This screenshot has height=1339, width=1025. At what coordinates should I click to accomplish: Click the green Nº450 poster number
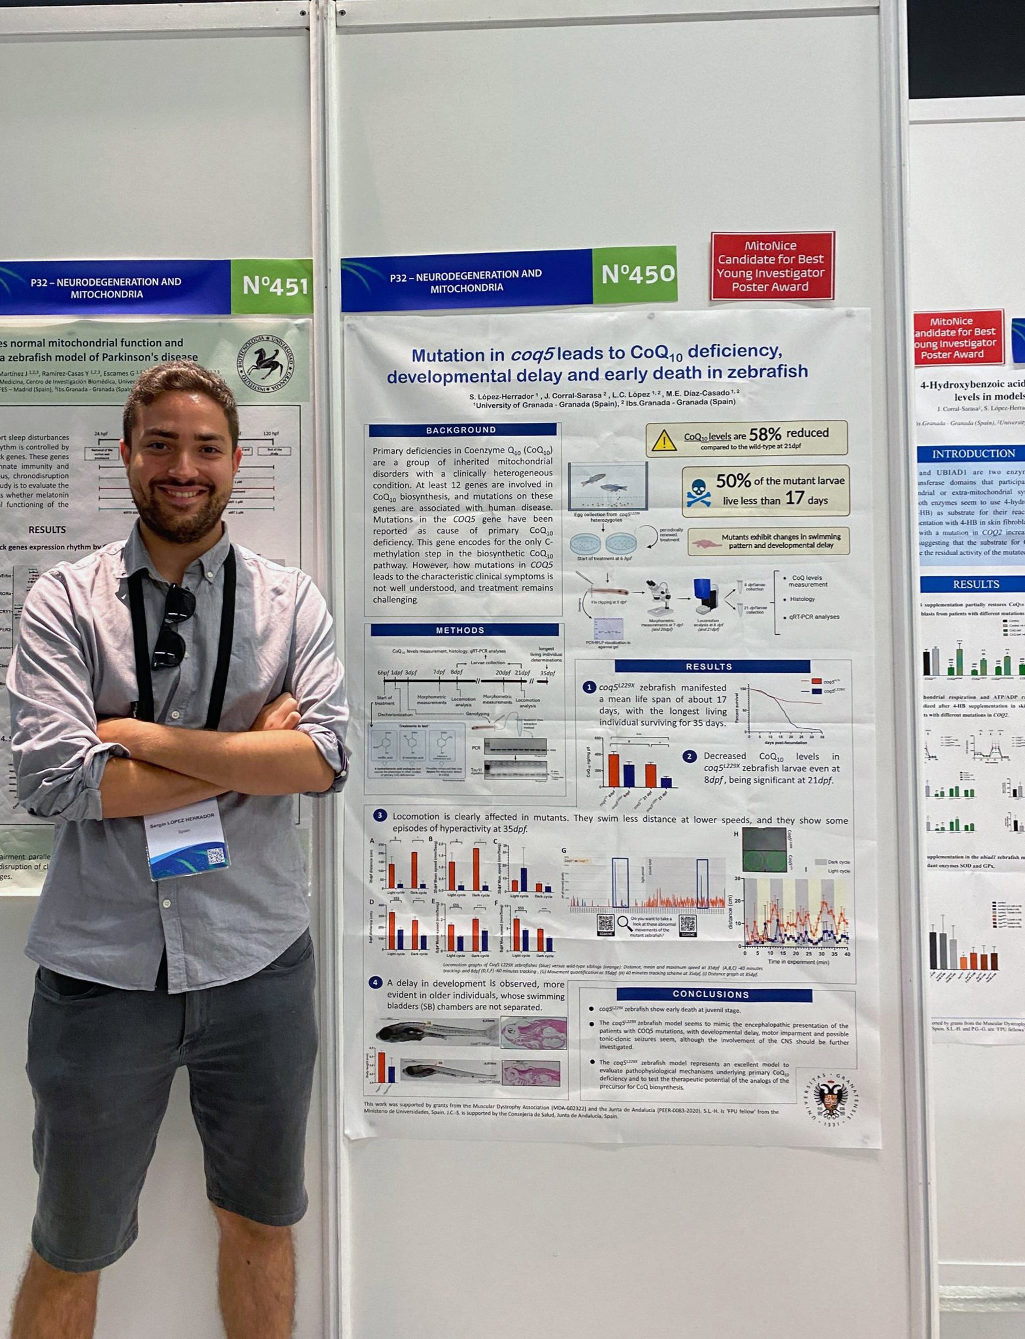pos(637,274)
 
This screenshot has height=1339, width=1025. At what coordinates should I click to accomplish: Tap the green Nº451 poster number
pos(274,286)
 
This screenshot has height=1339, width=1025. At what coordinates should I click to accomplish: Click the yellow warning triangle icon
pos(664,439)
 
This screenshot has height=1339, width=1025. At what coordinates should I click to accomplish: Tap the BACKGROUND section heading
pos(461,430)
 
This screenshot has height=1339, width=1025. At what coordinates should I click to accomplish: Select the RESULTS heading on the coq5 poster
pos(708,667)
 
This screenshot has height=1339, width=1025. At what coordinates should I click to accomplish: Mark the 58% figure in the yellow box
pos(764,434)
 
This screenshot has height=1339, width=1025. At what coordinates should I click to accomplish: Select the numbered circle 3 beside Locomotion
pos(380,815)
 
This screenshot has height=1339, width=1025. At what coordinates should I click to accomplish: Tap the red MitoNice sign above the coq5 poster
pos(771,266)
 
